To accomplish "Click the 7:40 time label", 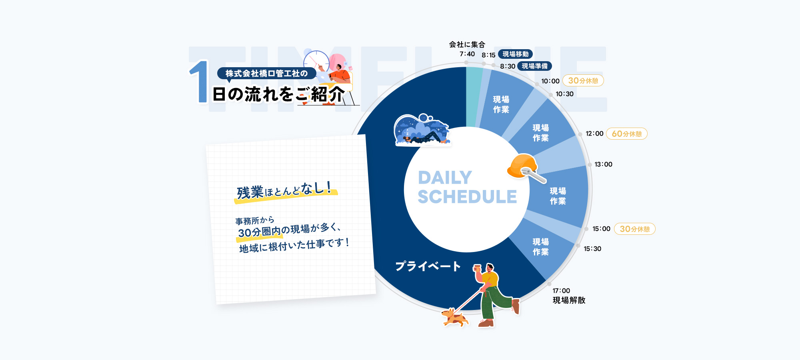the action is [x=467, y=54].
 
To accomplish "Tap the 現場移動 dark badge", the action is [x=516, y=54].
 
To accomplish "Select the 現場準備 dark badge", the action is [x=535, y=66].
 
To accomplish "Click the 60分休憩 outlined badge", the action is [x=627, y=134].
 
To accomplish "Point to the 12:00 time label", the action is [x=594, y=134].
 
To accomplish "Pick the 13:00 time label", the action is [x=603, y=164].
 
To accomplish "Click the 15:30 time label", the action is [x=592, y=249].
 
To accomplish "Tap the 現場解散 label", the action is [x=569, y=300].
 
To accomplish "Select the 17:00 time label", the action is [x=561, y=291].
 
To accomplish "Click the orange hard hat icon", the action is [x=522, y=166].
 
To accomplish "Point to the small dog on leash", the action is [x=454, y=318].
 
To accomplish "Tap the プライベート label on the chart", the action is [x=428, y=266].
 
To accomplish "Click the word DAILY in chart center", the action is [x=445, y=178].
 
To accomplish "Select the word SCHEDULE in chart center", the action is [x=467, y=197].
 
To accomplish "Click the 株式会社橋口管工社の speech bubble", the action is [x=266, y=74].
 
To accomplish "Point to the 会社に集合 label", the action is [x=467, y=44].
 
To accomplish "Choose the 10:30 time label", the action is [x=564, y=94].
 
